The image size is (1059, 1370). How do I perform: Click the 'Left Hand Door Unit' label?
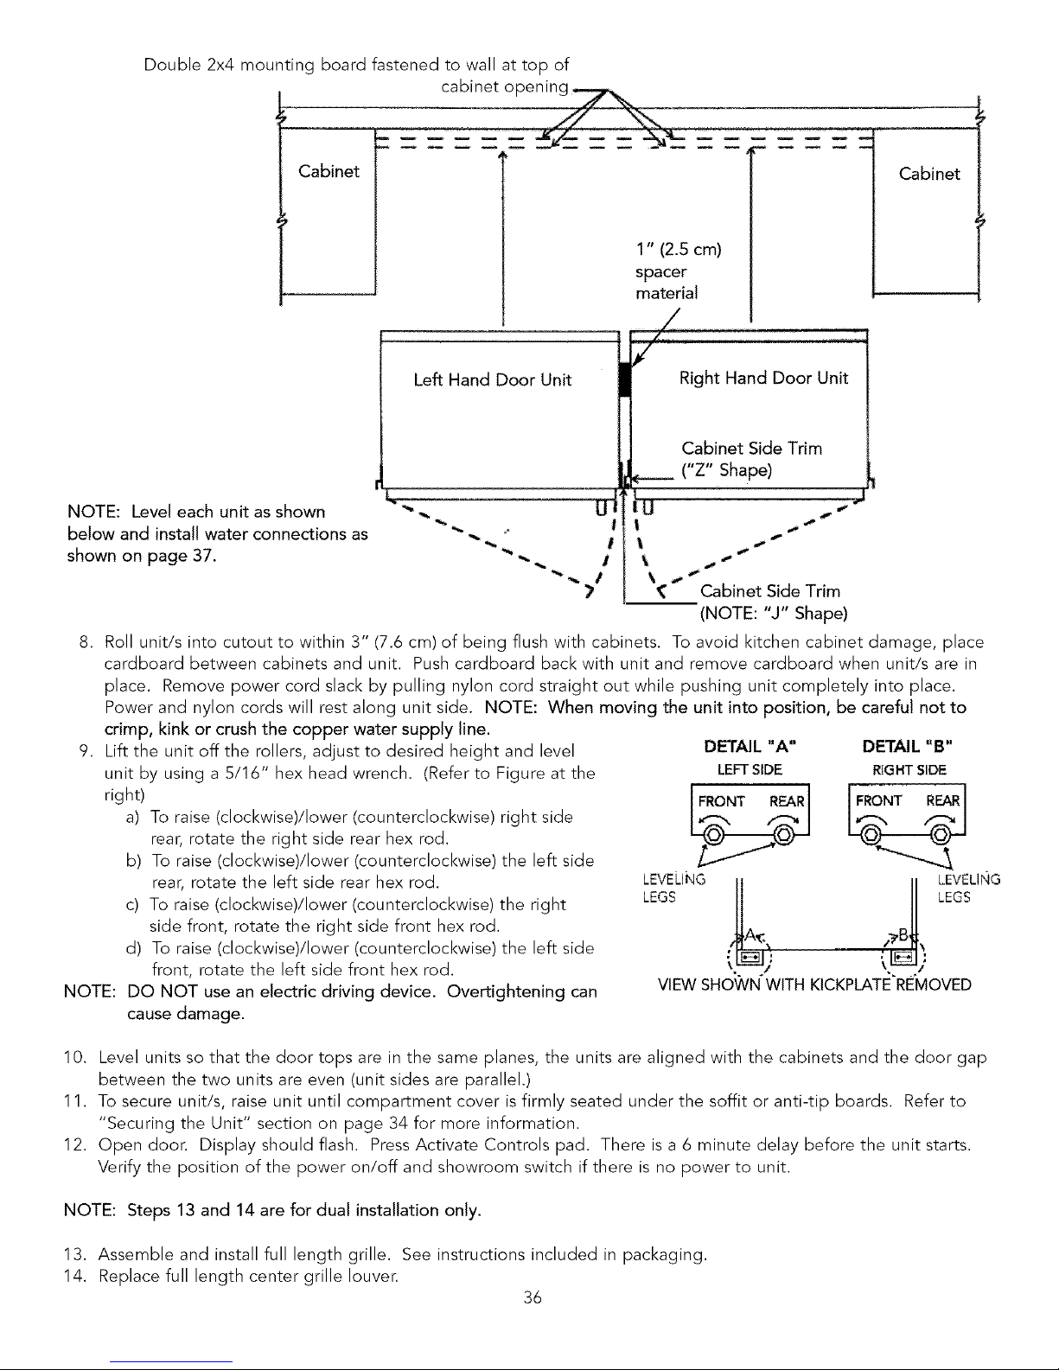[x=492, y=379]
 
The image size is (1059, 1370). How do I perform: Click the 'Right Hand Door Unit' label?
[x=763, y=378]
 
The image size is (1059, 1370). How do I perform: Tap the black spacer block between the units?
[x=625, y=379]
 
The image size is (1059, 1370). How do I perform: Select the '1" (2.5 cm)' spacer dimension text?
[x=679, y=250]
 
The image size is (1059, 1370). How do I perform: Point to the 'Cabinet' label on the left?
[x=329, y=171]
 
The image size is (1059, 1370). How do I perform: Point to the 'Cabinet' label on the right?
[x=929, y=174]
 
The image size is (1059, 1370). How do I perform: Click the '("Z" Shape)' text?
[x=726, y=470]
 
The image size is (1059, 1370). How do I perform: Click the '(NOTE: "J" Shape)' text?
[x=774, y=614]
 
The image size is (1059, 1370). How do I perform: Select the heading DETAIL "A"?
[x=750, y=747]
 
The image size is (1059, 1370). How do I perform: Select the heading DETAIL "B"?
[x=907, y=747]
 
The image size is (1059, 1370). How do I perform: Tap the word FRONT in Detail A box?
[x=721, y=801]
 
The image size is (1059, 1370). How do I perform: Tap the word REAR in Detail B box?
[x=943, y=800]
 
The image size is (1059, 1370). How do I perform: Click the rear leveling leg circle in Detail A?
[x=783, y=835]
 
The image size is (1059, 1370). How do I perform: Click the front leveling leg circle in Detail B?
[x=871, y=835]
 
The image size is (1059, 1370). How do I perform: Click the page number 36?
[x=533, y=1297]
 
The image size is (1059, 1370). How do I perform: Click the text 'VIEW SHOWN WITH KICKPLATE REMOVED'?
[x=814, y=984]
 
